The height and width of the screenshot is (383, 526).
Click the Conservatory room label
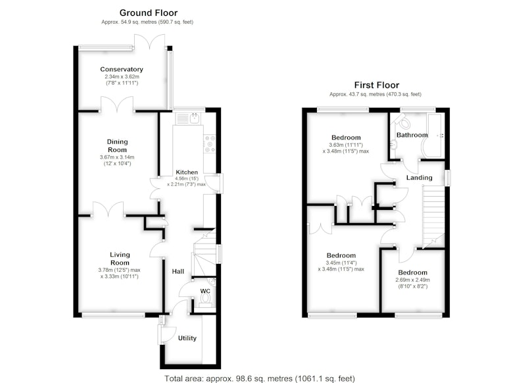tap(122, 70)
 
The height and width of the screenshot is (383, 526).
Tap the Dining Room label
tap(118, 145)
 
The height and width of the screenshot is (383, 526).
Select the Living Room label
tap(120, 259)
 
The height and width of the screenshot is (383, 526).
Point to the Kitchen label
tap(187, 172)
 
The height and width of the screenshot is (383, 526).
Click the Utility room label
tap(187, 338)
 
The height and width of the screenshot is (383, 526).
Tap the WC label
tap(205, 291)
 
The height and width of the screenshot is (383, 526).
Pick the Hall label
tap(178, 271)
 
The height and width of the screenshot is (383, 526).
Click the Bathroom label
tap(412, 135)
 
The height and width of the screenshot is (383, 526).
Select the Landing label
tap(419, 178)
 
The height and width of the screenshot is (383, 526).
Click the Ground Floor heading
tap(149, 13)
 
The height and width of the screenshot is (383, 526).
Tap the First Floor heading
tap(377, 86)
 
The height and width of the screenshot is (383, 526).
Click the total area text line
tap(260, 378)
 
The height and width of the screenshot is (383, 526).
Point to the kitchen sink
tap(188, 118)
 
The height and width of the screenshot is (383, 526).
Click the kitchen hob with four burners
tap(210, 144)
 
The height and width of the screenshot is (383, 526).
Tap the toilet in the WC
tap(205, 300)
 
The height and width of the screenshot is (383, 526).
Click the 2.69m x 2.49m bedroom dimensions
tap(413, 283)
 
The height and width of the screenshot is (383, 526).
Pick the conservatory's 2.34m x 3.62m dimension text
tap(122, 80)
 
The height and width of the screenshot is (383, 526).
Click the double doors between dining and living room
tap(108, 209)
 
